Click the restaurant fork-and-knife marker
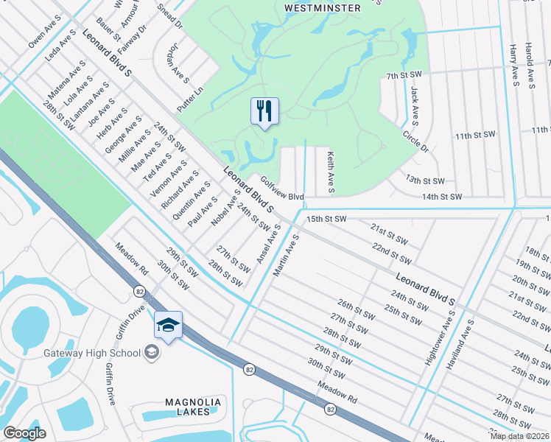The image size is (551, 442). (x=265, y=111)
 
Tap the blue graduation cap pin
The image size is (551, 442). (x=168, y=325)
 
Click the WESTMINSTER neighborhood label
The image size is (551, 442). (x=324, y=8)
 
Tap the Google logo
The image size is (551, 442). (x=24, y=432)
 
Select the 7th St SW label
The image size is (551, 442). (x=404, y=75)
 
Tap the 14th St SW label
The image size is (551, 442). (x=441, y=197)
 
